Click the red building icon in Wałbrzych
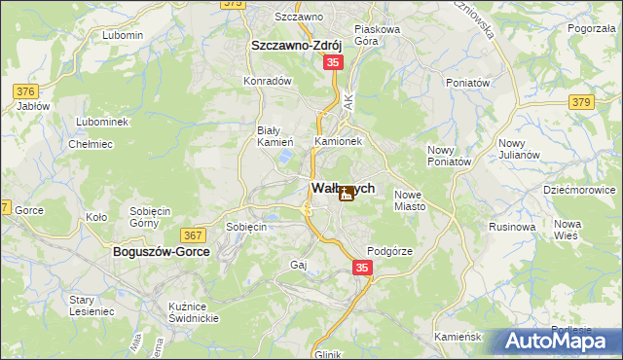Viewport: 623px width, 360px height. [346, 194]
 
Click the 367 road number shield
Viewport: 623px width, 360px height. [192, 234]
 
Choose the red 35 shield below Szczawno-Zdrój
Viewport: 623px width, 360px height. [334, 62]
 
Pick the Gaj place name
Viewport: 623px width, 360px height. [299, 265]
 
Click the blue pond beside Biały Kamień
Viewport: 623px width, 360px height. [285, 155]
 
